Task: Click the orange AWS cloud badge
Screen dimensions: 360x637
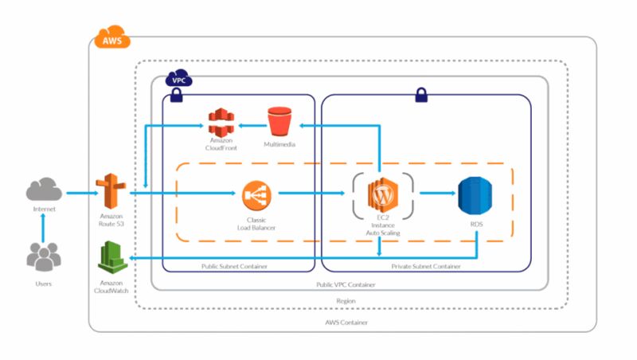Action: [x=111, y=37]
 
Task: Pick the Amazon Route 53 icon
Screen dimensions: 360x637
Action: [x=111, y=192]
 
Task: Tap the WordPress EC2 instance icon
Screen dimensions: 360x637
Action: [x=382, y=194]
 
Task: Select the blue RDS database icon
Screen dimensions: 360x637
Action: [x=475, y=194]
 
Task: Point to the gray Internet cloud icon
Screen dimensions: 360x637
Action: [x=44, y=190]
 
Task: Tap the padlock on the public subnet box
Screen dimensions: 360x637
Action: [x=176, y=97]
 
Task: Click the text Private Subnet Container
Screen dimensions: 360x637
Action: [x=426, y=267]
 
